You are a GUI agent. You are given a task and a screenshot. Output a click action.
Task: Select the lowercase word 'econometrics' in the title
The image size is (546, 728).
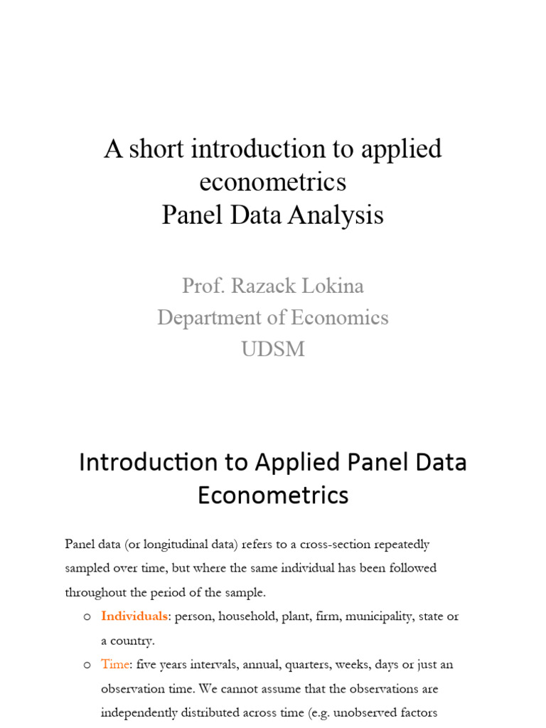273,182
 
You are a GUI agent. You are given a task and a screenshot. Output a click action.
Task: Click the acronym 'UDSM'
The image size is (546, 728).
273,348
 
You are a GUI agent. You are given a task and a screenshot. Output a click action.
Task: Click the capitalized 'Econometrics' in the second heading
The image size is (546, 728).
273,495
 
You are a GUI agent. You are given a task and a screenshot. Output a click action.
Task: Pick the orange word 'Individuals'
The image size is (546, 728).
134,616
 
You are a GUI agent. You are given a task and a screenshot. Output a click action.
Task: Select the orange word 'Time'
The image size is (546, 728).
116,665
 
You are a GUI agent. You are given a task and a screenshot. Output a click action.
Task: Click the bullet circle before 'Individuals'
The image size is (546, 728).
87,617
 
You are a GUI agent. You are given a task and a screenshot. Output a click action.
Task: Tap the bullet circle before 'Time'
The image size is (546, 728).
87,665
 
